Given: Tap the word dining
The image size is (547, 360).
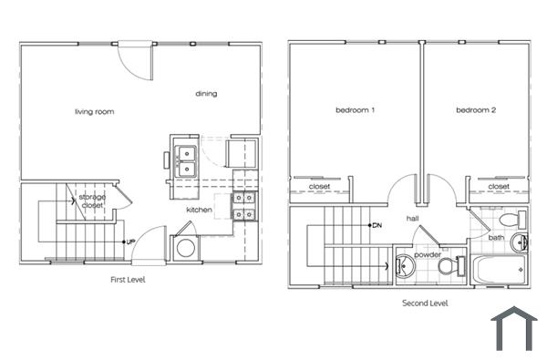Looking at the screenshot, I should pyautogui.click(x=206, y=93).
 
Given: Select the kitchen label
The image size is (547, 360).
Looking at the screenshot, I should pyautogui.click(x=200, y=210).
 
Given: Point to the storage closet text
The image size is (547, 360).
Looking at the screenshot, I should pyautogui.click(x=91, y=201).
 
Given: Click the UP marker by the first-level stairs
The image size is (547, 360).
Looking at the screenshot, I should pyautogui.click(x=131, y=242).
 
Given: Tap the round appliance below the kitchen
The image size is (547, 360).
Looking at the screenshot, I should pyautogui.click(x=185, y=249).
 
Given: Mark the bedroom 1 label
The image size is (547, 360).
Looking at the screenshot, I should pyautogui.click(x=356, y=111).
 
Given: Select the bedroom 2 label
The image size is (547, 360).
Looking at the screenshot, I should pyautogui.click(x=476, y=111).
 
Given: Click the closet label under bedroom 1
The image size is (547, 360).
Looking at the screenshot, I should pyautogui.click(x=319, y=187).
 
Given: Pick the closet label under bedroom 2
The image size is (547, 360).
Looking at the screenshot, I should pyautogui.click(x=499, y=187).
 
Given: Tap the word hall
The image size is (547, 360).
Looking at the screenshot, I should pyautogui.click(x=412, y=219).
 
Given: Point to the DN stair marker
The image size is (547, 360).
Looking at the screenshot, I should pyautogui.click(x=376, y=225).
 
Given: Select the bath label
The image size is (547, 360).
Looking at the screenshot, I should pyautogui.click(x=496, y=238).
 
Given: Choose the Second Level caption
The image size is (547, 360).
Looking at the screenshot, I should pyautogui.click(x=425, y=303).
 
